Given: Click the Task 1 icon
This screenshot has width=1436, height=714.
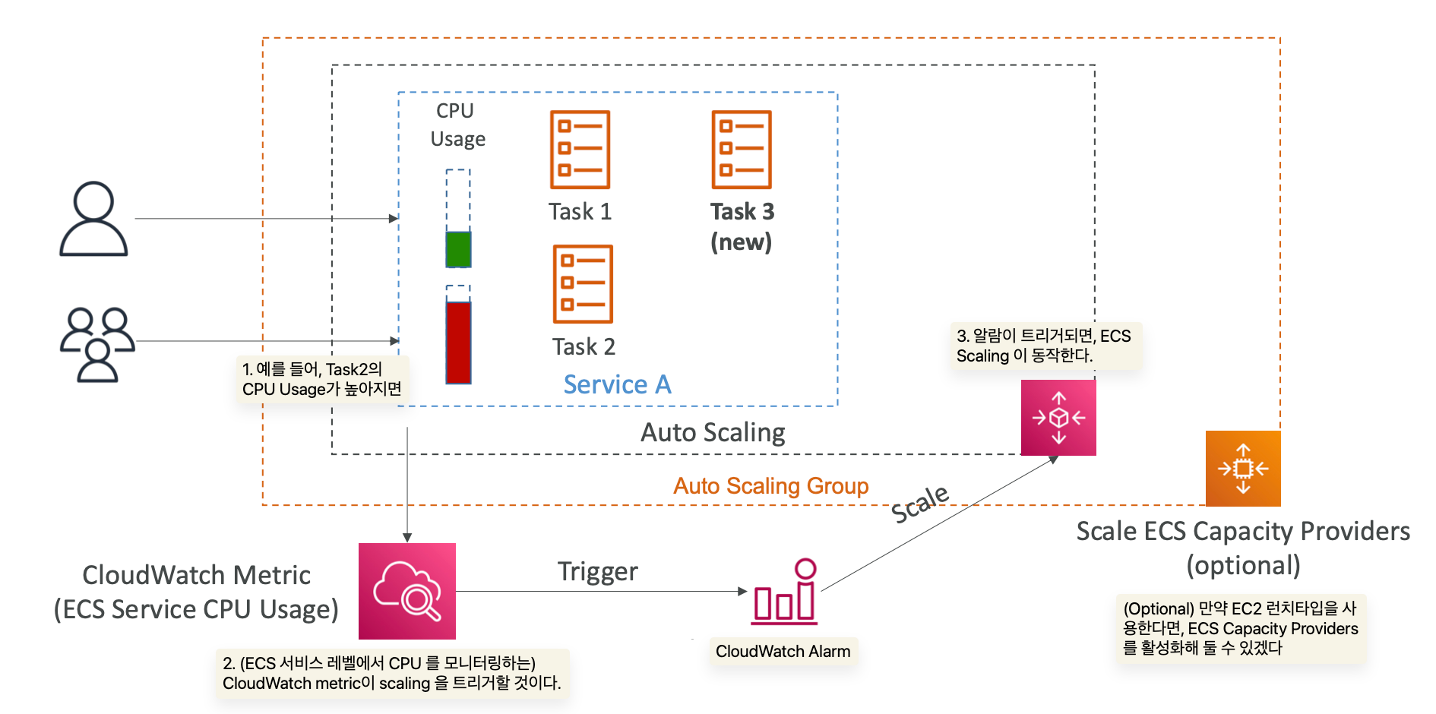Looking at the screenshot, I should click(580, 150).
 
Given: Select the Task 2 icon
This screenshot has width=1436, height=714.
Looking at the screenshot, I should click(583, 284).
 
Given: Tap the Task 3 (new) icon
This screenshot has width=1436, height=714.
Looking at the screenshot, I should click(742, 150).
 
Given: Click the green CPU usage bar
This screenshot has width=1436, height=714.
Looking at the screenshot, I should click(458, 249).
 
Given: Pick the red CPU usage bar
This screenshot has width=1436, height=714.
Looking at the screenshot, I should click(458, 342).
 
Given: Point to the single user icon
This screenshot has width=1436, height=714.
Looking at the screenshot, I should click(93, 219).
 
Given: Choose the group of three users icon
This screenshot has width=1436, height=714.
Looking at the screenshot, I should click(97, 344).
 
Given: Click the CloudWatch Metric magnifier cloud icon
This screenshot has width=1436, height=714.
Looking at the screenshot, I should click(407, 591).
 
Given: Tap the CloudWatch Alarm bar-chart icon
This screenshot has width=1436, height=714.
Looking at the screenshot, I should click(786, 592).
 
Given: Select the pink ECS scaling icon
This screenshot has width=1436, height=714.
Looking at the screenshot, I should click(1058, 418).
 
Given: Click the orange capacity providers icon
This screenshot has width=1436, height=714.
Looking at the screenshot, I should click(1243, 469).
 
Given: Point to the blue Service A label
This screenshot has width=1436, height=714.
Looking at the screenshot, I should click(617, 385).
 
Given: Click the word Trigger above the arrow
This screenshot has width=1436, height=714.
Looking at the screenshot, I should click(597, 571).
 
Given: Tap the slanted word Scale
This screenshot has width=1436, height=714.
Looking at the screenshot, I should click(919, 504).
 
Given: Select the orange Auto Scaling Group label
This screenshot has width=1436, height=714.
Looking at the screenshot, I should click(770, 486).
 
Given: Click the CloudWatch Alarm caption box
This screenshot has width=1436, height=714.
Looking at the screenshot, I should click(783, 652).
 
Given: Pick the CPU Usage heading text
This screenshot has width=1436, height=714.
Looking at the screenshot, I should click(457, 125).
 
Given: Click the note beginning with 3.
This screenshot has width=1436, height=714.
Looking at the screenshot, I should click(1044, 346).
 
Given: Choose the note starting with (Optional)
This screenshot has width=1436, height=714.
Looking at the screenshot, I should click(1240, 628).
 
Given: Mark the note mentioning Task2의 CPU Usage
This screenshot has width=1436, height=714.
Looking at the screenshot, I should click(322, 379).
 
